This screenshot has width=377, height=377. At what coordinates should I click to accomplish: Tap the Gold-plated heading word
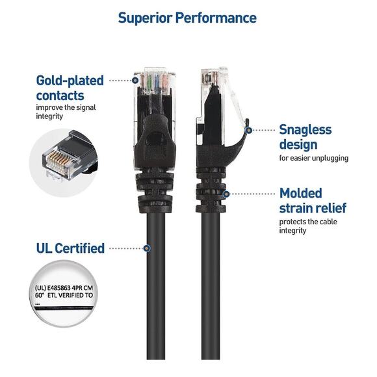(x=70, y=81)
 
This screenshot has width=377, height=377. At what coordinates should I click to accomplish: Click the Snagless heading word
(x=305, y=129)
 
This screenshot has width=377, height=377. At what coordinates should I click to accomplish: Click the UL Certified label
(x=70, y=248)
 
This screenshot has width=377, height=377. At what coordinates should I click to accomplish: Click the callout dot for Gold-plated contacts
(x=136, y=81)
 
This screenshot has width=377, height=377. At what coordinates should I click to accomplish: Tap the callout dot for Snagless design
(x=248, y=130)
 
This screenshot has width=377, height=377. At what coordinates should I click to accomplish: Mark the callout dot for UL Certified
(x=148, y=248)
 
